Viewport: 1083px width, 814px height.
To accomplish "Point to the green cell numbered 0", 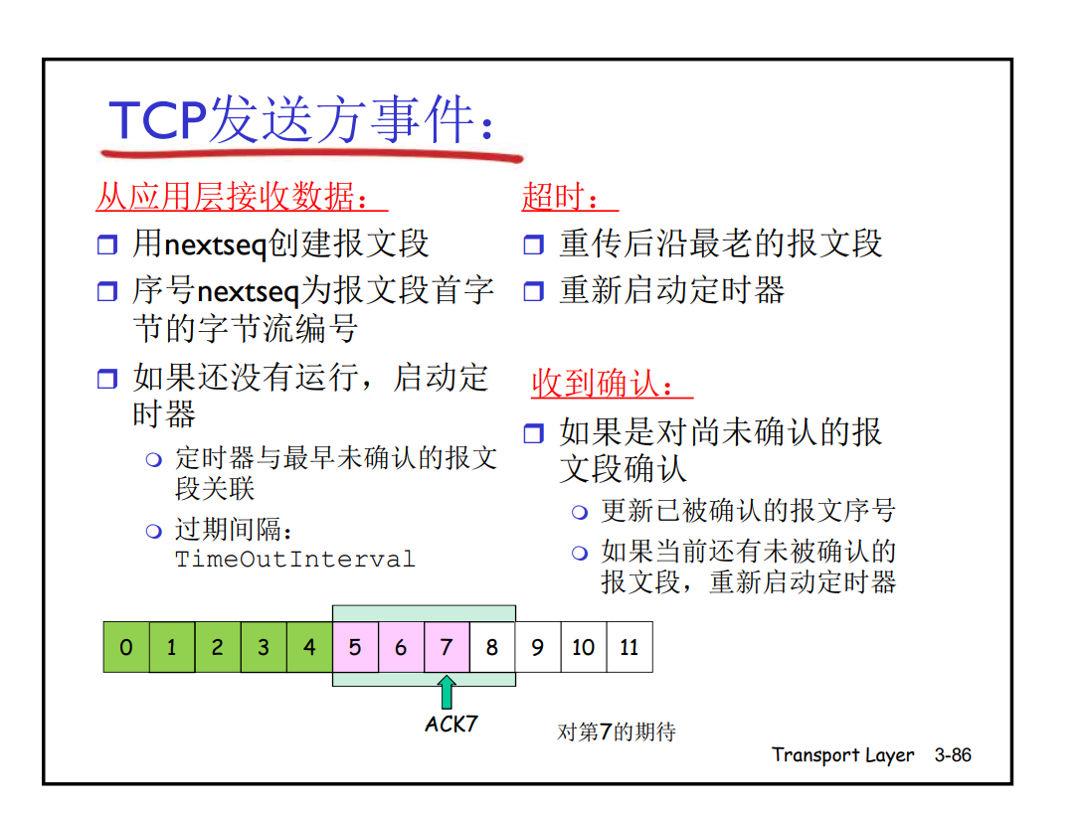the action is (x=126, y=648).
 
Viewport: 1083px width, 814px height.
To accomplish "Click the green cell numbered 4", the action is (x=309, y=648).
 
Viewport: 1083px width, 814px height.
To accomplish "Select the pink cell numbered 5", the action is (x=355, y=648).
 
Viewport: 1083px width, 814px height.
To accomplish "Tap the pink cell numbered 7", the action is (x=447, y=648).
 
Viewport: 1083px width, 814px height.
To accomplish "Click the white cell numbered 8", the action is (x=492, y=648).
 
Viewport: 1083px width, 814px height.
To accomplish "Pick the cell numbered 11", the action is (x=630, y=648).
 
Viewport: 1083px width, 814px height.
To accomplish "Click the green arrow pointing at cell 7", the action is (x=447, y=691).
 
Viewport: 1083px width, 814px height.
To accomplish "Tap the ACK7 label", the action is (x=451, y=724).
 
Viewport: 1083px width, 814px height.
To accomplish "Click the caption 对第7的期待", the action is (x=617, y=733).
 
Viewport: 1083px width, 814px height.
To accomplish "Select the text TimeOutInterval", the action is (x=294, y=560).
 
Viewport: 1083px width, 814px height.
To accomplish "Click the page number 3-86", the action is (x=953, y=755).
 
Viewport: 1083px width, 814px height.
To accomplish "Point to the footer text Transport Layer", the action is (x=842, y=755).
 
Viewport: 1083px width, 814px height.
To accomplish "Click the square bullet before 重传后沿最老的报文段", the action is (x=534, y=244).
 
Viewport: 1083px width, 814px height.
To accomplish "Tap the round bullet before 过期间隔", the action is (x=153, y=531).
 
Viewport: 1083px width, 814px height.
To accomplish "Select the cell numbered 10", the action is (x=584, y=648).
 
